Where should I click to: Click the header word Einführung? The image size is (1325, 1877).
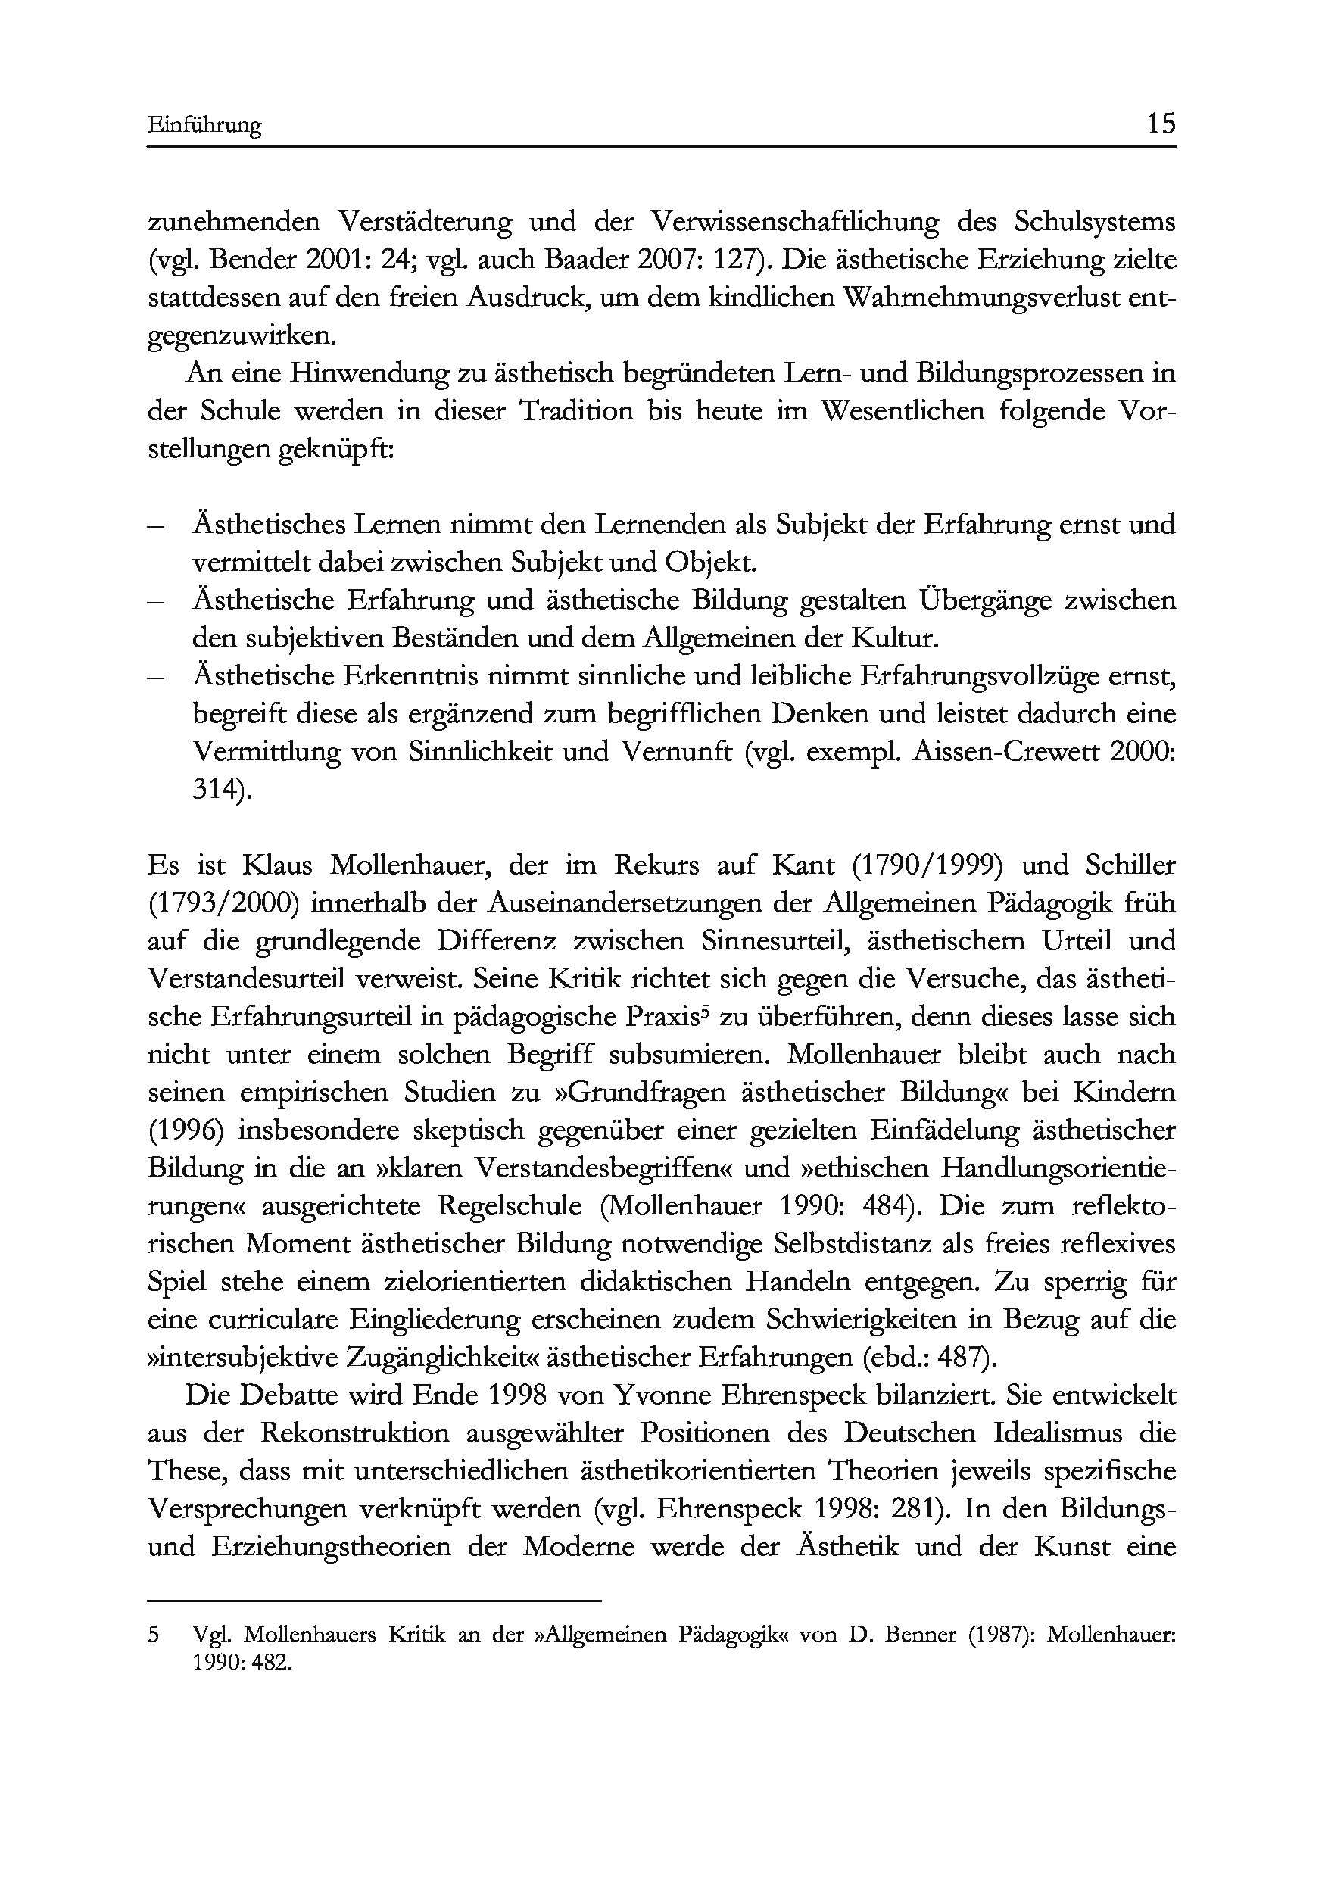pyautogui.click(x=204, y=125)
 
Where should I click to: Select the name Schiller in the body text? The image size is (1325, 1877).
pyautogui.click(x=1131, y=865)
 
